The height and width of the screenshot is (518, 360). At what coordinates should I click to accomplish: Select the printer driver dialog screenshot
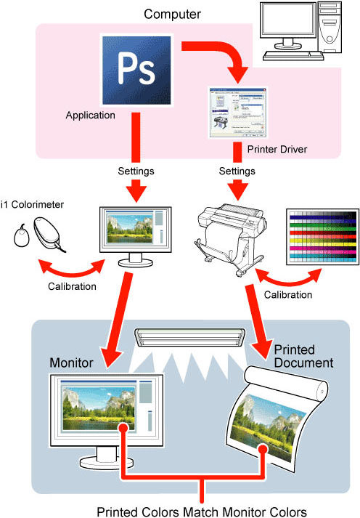pos(237,113)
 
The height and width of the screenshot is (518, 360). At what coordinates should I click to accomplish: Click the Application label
pos(91,115)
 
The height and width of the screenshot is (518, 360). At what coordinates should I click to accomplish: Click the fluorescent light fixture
pos(190,336)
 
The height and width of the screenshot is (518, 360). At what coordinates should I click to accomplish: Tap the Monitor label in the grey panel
pos(70,362)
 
